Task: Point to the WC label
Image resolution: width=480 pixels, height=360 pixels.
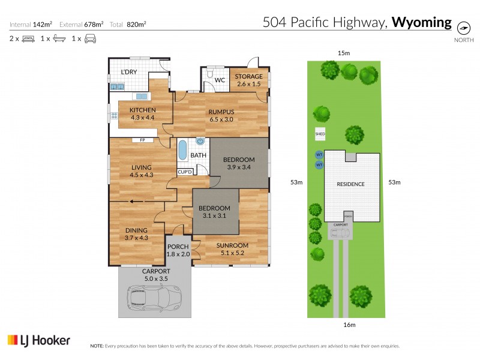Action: point(220,80)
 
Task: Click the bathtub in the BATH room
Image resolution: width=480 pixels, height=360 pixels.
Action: point(182,149)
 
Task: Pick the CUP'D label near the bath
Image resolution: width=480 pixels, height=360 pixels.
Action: point(185,172)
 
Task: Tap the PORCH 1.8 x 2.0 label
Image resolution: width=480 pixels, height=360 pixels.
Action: point(178,250)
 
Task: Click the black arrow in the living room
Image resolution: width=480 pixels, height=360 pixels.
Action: point(140,202)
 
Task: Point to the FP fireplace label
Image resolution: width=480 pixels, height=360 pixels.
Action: point(143,140)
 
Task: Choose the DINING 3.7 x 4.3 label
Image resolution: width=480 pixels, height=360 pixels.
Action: point(136,233)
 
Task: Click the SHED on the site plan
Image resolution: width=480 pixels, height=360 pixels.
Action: point(320,134)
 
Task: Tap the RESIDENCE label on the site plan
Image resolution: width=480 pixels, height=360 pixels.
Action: point(350,184)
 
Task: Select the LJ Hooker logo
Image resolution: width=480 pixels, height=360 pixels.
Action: point(39,340)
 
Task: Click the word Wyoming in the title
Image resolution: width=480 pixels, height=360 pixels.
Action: point(421,23)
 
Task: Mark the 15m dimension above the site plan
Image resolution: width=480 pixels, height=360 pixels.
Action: point(344,53)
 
